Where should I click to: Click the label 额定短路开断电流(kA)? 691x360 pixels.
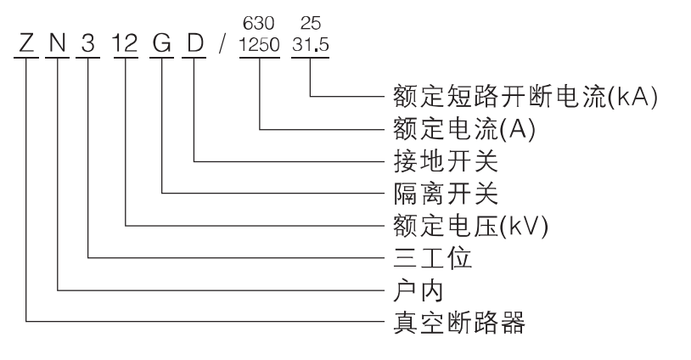526,96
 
